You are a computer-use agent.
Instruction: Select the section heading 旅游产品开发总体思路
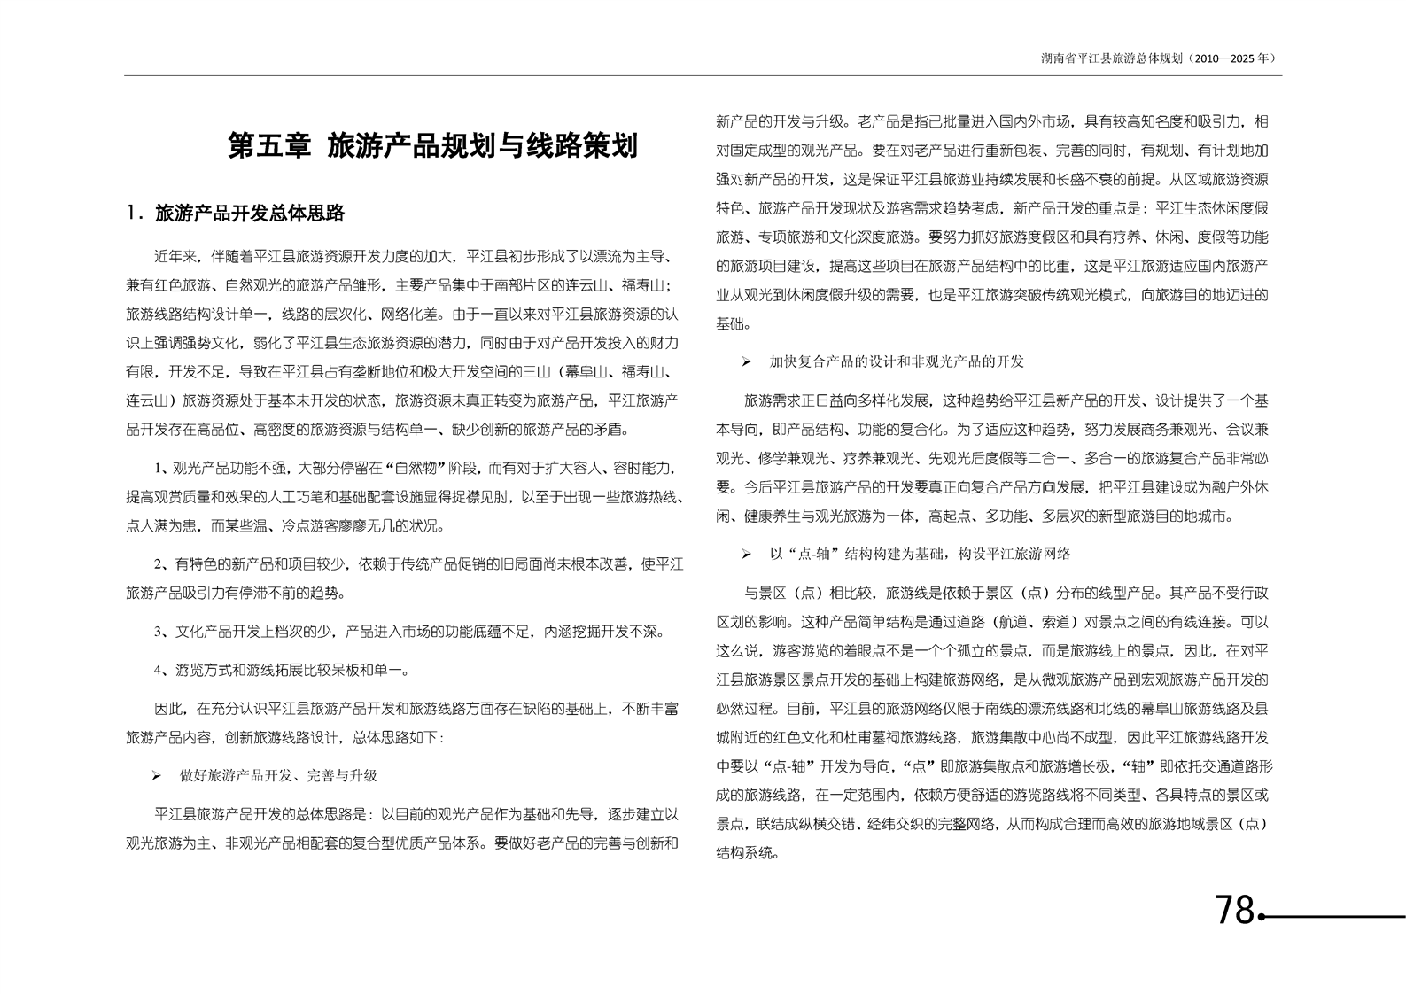point(249,214)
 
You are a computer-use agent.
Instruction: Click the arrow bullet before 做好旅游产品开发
point(157,776)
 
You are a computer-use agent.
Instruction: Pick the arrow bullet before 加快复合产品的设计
point(747,362)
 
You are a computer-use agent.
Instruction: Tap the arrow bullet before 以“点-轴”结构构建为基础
point(747,555)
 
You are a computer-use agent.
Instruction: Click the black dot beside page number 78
point(1262,917)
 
